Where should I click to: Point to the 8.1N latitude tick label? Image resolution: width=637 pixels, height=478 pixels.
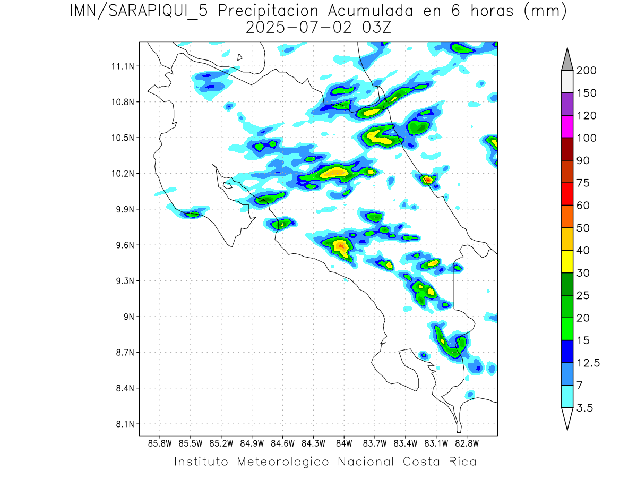124,424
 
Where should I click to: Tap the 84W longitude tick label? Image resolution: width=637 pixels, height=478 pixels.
343,443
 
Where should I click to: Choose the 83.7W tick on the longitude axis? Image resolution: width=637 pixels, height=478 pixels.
374,443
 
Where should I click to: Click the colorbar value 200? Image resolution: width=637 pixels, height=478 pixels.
587,71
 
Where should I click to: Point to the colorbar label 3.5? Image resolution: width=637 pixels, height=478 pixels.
585,408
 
